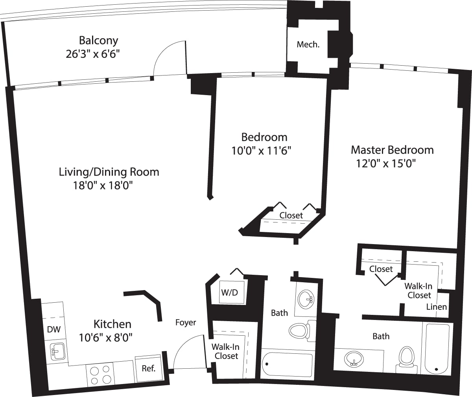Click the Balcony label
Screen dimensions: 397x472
tap(98, 40)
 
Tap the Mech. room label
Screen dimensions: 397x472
tap(308, 44)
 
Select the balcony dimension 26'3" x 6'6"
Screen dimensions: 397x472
tap(92, 54)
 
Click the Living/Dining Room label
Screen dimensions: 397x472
tap(109, 172)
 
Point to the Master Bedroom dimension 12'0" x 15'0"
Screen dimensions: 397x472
tap(386, 163)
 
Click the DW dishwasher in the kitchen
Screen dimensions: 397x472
tap(54, 329)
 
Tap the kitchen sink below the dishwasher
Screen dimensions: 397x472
tap(57, 351)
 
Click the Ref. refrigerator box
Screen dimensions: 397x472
tap(148, 368)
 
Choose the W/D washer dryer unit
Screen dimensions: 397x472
tap(229, 292)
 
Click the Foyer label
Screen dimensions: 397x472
tap(186, 322)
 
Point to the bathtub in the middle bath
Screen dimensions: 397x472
tap(288, 364)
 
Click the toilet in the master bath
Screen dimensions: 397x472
tap(406, 359)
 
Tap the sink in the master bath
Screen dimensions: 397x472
tap(354, 359)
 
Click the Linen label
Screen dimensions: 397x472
tap(437, 307)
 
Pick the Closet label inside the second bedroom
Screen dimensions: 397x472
tap(291, 215)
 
